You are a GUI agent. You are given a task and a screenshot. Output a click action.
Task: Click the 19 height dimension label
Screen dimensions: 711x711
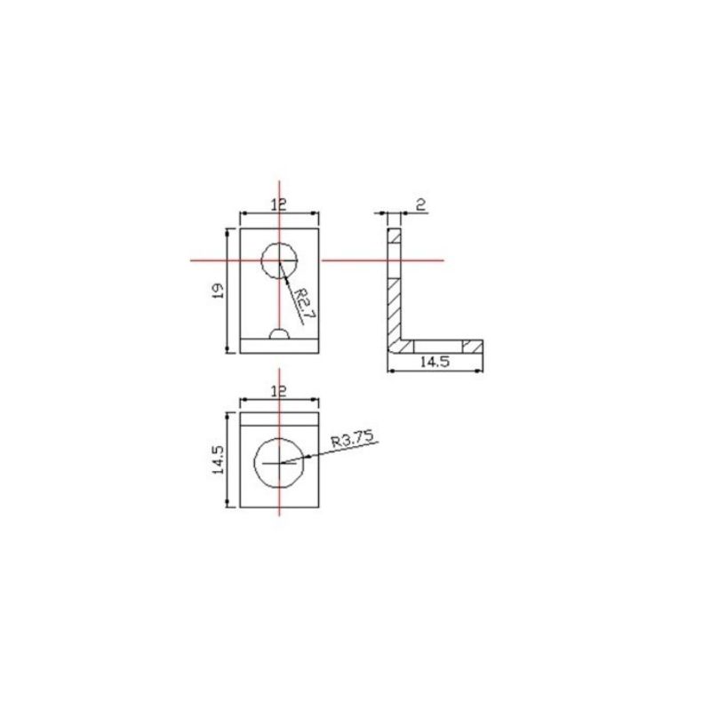pos(218,290)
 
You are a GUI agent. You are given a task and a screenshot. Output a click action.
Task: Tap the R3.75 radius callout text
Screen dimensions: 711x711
pos(354,438)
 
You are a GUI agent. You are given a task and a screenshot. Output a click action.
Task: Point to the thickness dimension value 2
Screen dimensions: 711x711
pos(421,204)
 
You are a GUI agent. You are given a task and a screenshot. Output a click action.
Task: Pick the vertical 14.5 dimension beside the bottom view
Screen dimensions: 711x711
pos(218,460)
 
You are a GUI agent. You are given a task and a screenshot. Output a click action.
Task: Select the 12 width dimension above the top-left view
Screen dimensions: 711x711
pos(279,204)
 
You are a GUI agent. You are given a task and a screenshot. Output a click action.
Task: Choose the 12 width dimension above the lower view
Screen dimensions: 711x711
pos(279,391)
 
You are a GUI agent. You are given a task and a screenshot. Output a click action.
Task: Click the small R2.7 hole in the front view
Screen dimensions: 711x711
pos(279,260)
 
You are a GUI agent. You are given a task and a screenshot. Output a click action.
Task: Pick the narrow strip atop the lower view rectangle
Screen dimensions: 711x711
pos(279,417)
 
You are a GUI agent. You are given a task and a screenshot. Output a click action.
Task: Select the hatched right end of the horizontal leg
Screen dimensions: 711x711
pos(473,345)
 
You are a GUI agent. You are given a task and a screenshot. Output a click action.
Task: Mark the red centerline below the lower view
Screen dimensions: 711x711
pos(279,512)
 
